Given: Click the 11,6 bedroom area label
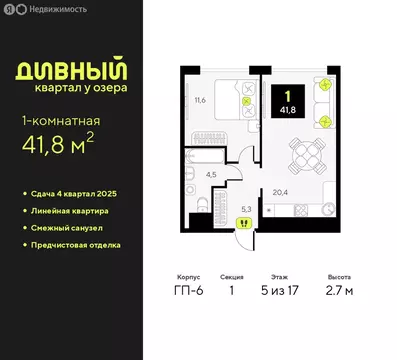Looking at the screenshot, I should click(x=200, y=100).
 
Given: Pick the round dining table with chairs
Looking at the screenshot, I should click(x=304, y=153).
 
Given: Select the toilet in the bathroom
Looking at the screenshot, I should click(x=203, y=204).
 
